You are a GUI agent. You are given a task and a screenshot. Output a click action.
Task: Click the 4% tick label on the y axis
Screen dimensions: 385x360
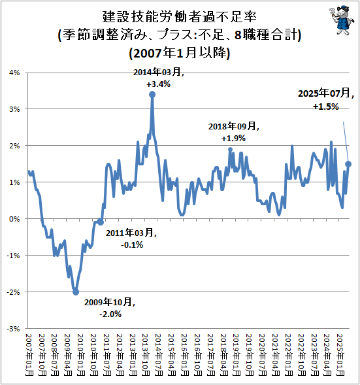pyautogui.click(x=12, y=73)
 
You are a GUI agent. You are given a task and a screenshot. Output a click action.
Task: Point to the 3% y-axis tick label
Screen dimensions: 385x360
pyautogui.click(x=12, y=109)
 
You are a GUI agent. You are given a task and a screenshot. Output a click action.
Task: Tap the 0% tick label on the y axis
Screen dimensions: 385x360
pyautogui.click(x=12, y=219)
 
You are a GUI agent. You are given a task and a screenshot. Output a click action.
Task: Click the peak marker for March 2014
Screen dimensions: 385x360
pyautogui.click(x=152, y=94)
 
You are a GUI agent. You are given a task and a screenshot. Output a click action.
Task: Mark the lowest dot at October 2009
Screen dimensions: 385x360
pyautogui.click(x=76, y=292)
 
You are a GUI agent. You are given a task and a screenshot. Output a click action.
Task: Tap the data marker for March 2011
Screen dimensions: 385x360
pyautogui.click(x=101, y=222)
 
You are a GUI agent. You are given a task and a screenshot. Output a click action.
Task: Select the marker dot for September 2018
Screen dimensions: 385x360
pyautogui.click(x=230, y=150)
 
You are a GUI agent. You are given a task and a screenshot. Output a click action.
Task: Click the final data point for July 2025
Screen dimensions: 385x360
pyautogui.click(x=348, y=164)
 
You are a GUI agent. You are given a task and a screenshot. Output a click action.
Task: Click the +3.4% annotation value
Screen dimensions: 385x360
pyautogui.click(x=159, y=84)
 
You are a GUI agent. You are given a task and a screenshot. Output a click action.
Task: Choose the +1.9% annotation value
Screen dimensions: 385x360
pyautogui.click(x=233, y=139)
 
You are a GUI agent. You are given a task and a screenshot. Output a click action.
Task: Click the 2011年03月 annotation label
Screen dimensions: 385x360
pyautogui.click(x=132, y=233)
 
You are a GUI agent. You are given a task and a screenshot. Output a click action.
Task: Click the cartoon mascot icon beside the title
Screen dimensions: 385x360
pyautogui.click(x=340, y=17)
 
